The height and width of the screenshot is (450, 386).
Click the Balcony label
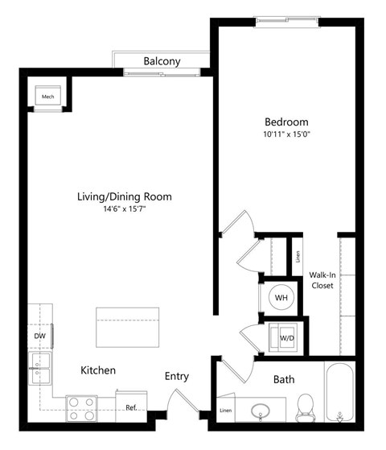[162, 61]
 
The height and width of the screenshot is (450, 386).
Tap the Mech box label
[48, 97]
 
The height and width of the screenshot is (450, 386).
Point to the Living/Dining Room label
[124, 196]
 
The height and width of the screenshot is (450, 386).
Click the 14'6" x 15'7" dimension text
[125, 210]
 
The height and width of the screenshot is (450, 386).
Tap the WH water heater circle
[281, 298]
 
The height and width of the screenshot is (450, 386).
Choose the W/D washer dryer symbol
[284, 337]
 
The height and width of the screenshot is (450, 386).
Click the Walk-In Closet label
[322, 279]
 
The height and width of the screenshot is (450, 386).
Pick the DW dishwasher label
[39, 336]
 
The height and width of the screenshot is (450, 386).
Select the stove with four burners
[81, 409]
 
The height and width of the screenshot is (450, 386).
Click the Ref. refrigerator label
[131, 407]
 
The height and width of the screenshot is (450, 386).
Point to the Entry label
[177, 376]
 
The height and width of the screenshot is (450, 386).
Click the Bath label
[284, 379]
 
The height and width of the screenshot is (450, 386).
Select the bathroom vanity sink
[261, 411]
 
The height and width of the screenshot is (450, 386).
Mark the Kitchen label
[98, 370]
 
